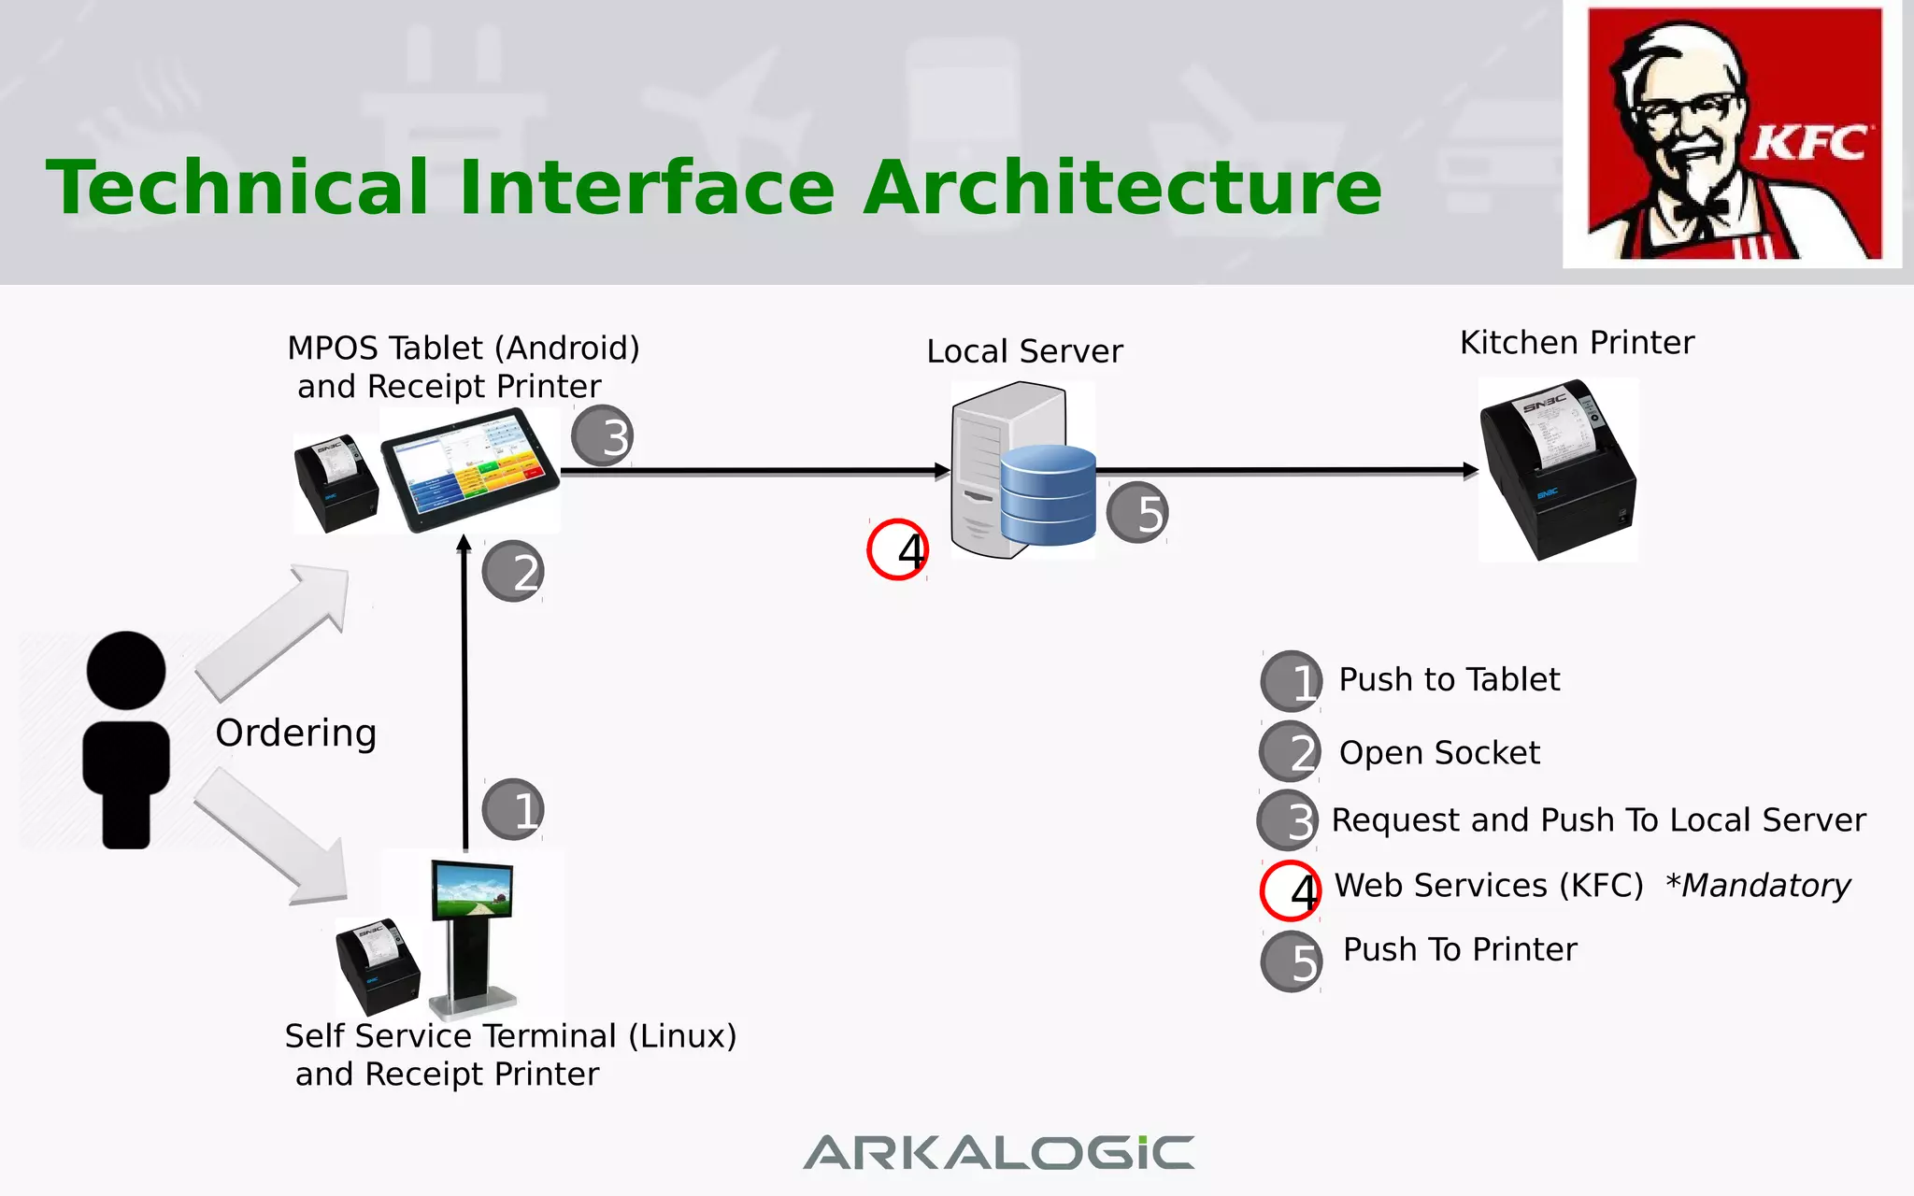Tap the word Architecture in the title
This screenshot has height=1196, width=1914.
pos(1121,189)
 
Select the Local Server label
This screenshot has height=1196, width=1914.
pos(1024,351)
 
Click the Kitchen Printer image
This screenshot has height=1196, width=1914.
pos(1558,469)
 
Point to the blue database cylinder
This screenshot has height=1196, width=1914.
pos(1048,495)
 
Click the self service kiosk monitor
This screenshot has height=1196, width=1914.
pos(472,890)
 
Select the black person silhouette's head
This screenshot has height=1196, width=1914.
pos(126,670)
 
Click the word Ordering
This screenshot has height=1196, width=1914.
pos(295,733)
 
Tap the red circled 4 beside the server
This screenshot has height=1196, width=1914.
pos(898,549)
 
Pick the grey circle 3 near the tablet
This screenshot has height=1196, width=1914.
pos(603,435)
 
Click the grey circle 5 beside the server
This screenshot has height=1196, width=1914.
pos(1137,512)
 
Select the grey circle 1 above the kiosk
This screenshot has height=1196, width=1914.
pos(513,808)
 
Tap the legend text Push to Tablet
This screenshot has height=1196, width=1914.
pos(1449,679)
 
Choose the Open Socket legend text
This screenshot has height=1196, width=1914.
pos(1438,752)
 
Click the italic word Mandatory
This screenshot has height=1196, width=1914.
pos(1764,885)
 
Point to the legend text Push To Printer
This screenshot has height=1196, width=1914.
pos(1459,949)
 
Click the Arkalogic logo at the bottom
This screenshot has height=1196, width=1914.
pos(998,1153)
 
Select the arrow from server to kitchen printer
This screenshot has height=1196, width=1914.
pos(1286,470)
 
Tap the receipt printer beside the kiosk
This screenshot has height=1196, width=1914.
pos(378,966)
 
